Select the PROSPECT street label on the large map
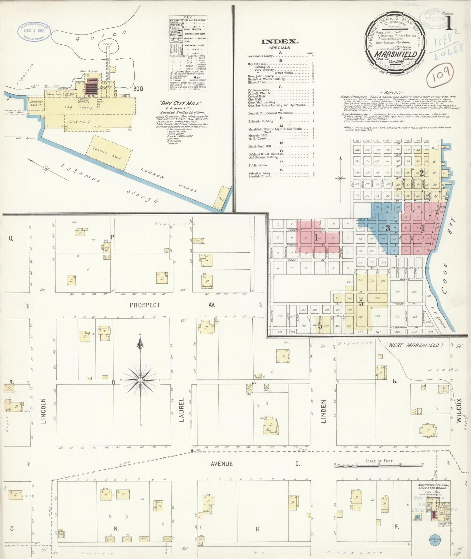pyautogui.click(x=145, y=305)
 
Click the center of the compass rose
pyautogui.click(x=140, y=380)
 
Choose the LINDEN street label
pyautogui.click(x=324, y=412)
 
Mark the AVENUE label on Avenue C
pyautogui.click(x=222, y=464)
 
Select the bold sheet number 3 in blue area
pyautogui.click(x=388, y=228)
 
